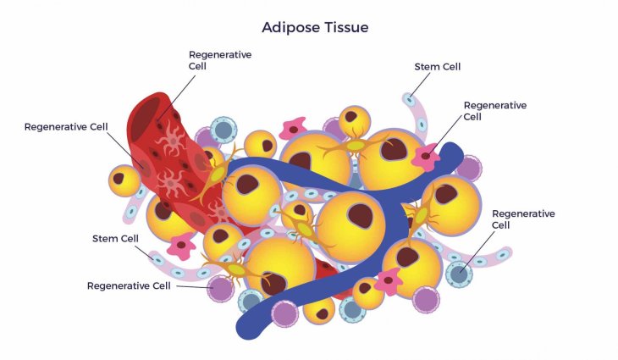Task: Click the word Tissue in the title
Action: click(x=346, y=27)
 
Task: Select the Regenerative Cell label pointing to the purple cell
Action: click(x=129, y=285)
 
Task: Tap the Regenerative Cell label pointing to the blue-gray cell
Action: click(x=523, y=219)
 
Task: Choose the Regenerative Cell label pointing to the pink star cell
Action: click(x=495, y=111)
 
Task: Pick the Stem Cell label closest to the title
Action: click(x=438, y=67)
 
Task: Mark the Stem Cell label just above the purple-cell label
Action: click(x=115, y=239)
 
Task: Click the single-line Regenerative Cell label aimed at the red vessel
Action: click(x=66, y=127)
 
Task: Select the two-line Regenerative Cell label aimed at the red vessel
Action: click(x=220, y=60)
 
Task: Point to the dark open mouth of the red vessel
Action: click(x=145, y=118)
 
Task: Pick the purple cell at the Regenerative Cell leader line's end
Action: click(x=221, y=289)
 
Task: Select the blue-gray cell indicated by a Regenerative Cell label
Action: click(x=459, y=274)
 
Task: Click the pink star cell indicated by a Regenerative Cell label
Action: click(x=425, y=157)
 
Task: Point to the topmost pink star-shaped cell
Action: click(x=293, y=129)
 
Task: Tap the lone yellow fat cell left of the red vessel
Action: click(x=124, y=180)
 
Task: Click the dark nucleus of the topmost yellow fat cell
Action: click(x=350, y=116)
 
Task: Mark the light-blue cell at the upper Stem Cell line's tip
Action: click(x=410, y=100)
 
